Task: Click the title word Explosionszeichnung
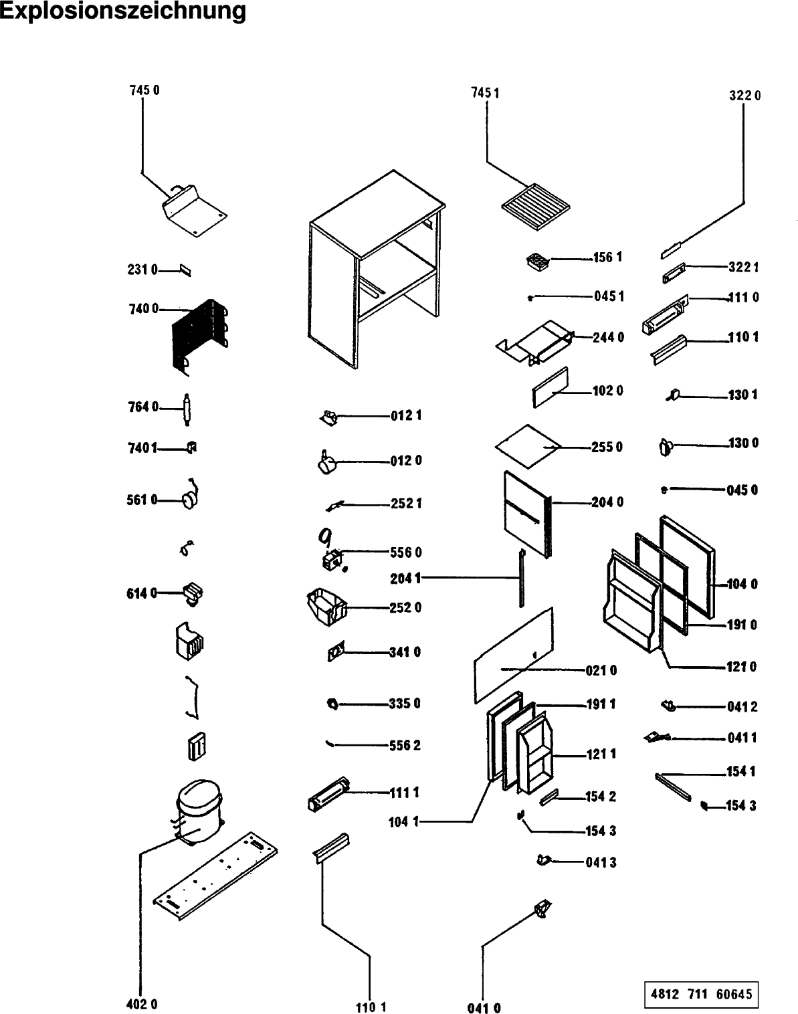(123, 11)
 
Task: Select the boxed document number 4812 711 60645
(702, 993)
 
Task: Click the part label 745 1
(485, 93)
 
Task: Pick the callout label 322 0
(744, 96)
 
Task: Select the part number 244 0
(608, 338)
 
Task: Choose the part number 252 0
(405, 607)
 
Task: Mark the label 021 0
(601, 670)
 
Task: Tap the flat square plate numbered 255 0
(527, 445)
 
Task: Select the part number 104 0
(742, 585)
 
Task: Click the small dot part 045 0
(664, 490)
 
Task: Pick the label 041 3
(601, 863)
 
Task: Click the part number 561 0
(142, 500)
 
